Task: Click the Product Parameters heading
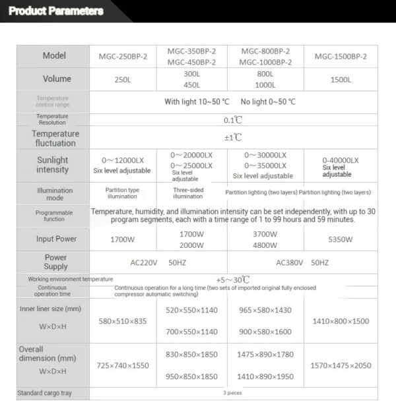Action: point(57,11)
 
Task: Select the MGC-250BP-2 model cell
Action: point(123,57)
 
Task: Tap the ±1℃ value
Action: point(233,138)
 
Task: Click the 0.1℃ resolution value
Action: point(233,120)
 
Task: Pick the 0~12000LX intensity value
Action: point(123,160)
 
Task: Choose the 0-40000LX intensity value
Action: point(341,160)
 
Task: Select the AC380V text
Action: point(290,262)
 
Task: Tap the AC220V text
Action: point(143,262)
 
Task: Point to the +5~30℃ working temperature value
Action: point(233,280)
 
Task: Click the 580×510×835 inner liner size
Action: point(123,321)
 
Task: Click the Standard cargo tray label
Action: point(52,394)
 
